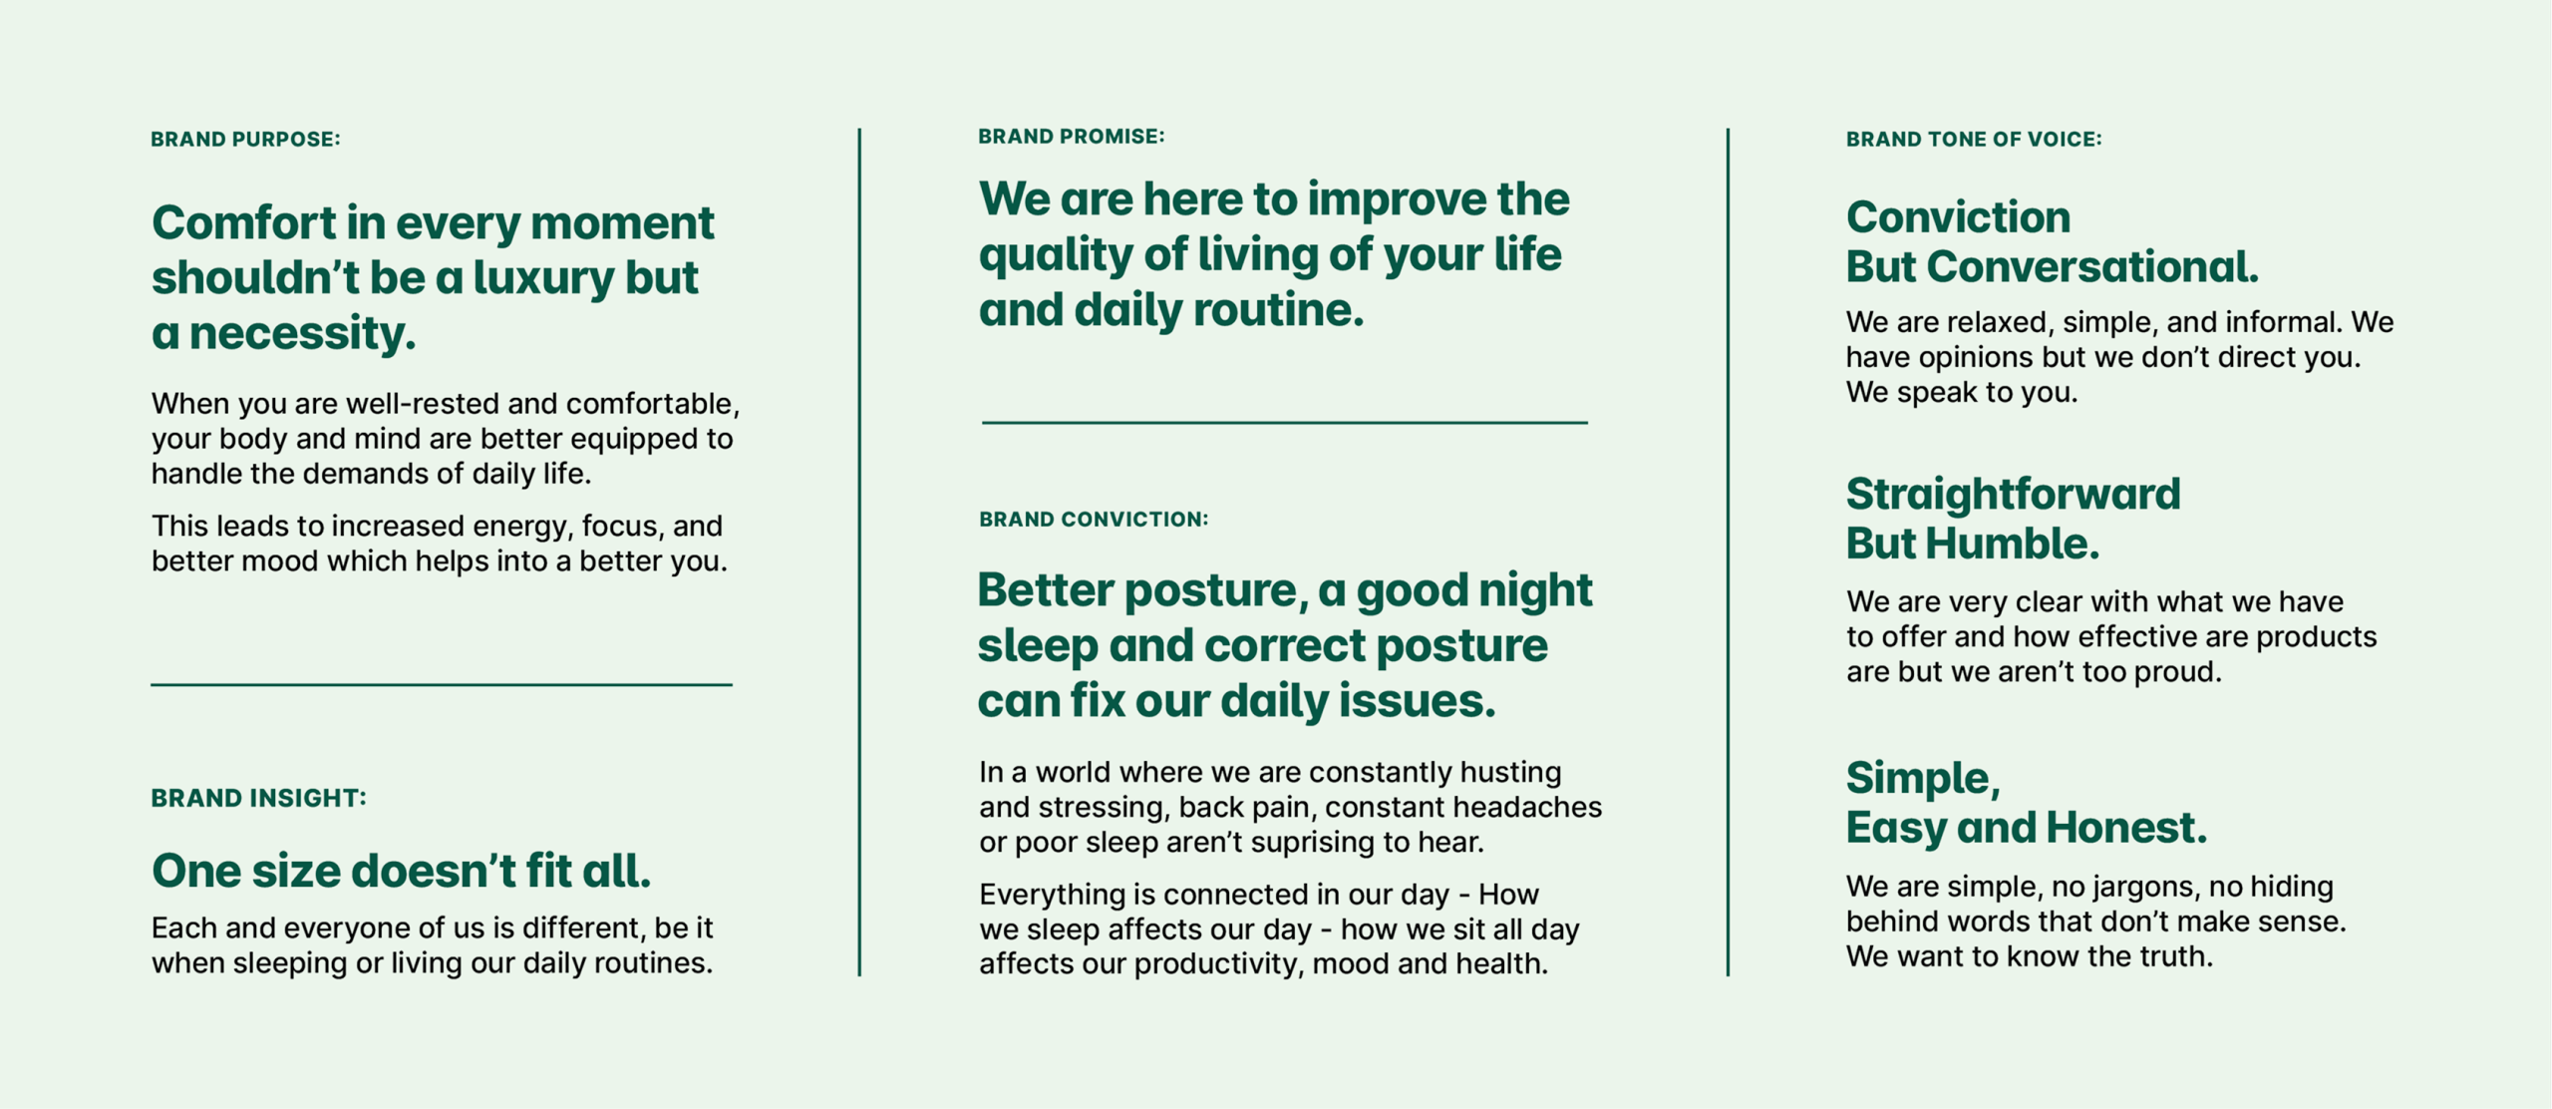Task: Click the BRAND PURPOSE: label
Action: coord(245,140)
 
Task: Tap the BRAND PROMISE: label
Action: coord(1072,137)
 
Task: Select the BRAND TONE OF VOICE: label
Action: coord(1974,140)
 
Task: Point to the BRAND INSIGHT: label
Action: coord(259,798)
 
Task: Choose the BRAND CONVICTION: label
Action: coord(1094,520)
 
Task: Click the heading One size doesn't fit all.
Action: coord(401,871)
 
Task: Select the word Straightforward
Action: coord(2014,495)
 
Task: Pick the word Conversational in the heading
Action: coord(2092,267)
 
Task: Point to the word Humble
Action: coord(2012,545)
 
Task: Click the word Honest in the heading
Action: coord(2126,828)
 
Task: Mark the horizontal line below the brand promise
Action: coord(1285,423)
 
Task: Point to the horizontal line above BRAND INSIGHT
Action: coord(442,684)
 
